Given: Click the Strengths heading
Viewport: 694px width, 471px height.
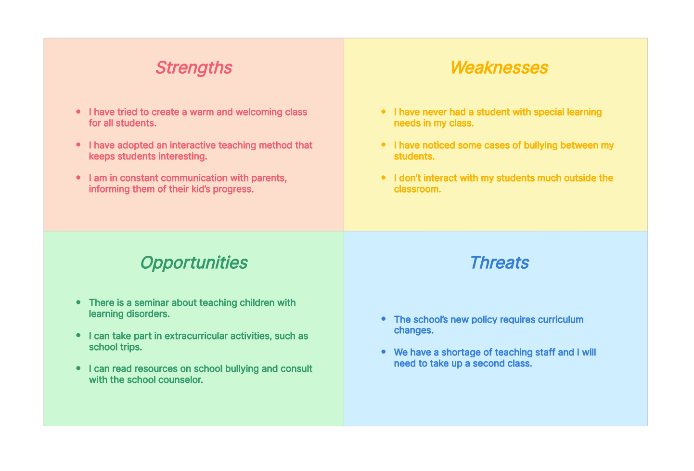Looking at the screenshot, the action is tap(193, 68).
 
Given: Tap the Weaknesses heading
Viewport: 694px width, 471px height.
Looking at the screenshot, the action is tap(499, 67).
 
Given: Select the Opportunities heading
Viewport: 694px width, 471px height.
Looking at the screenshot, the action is tap(194, 263).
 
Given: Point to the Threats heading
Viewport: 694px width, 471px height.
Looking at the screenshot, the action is tap(500, 262).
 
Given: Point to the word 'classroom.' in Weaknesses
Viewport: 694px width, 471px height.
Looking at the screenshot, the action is tap(417, 189).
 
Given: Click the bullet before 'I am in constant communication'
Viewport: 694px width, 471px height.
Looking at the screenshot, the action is tap(78, 178).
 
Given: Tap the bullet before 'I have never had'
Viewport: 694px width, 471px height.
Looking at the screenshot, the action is tap(384, 112).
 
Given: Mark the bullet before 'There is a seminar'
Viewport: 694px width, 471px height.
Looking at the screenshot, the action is tap(78, 302).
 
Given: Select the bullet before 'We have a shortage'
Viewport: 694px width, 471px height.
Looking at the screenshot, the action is tap(384, 352).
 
